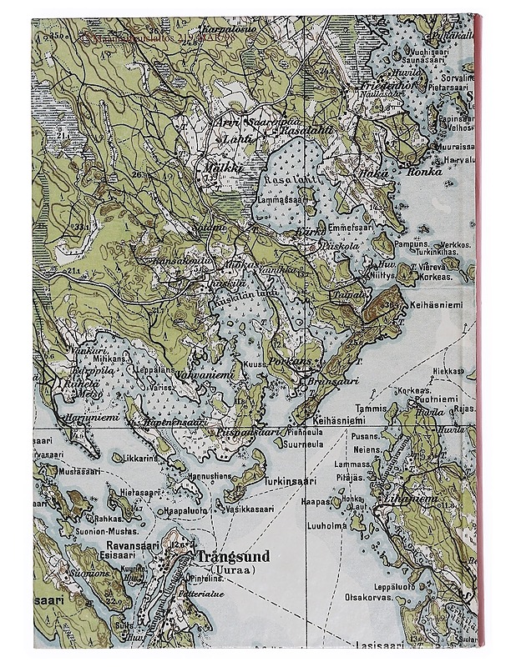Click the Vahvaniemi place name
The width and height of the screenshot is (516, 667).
pyautogui.click(x=200, y=375)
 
